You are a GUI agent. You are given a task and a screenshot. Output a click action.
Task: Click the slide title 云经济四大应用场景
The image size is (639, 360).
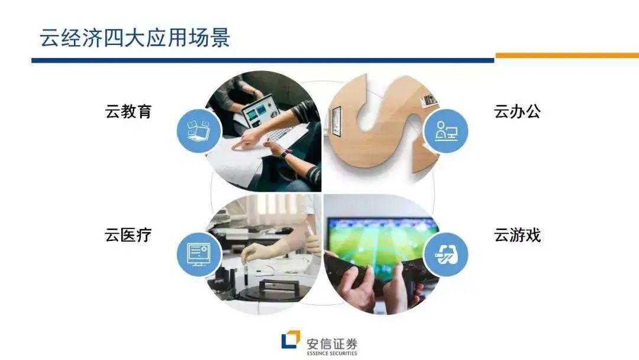click(x=135, y=38)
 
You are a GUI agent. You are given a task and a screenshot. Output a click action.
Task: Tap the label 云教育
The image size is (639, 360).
click(x=128, y=111)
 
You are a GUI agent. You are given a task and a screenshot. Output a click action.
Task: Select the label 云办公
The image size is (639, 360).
click(x=517, y=111)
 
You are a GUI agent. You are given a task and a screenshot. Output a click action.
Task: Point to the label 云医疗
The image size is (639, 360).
click(x=128, y=235)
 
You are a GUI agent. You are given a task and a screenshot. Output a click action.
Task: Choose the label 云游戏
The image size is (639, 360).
click(x=517, y=235)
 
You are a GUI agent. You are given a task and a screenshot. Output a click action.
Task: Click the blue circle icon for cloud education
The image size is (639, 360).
click(x=199, y=131)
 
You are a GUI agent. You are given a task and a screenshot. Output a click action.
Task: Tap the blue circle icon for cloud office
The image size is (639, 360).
click(x=446, y=131)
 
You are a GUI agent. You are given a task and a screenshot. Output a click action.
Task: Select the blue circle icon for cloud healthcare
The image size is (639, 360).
click(x=199, y=255)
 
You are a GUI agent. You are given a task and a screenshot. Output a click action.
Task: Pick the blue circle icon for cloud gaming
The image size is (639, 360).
click(x=446, y=255)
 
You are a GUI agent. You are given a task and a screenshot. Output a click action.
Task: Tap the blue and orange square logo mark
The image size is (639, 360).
click(x=291, y=340)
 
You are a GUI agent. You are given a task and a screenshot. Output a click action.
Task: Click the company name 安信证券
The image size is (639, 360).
click(x=332, y=343)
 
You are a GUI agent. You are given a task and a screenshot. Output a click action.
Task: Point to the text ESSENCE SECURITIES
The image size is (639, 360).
click(x=332, y=353)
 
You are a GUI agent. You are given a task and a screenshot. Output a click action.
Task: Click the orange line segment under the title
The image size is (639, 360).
click(x=567, y=56)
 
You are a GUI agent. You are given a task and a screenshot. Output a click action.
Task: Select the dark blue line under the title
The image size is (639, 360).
click(x=263, y=60)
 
